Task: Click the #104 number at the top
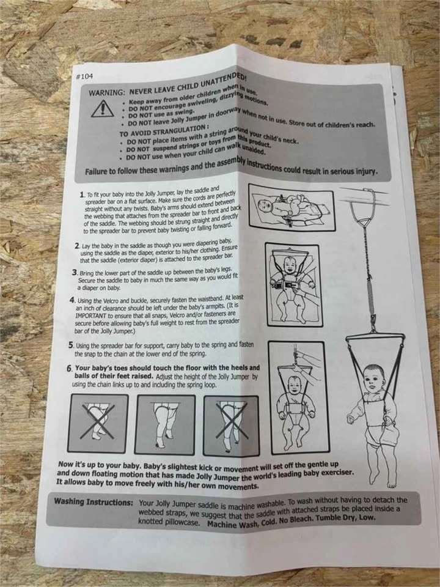coord(84,76)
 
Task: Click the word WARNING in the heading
coord(106,92)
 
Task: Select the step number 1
coord(82,194)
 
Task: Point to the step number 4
coord(73,300)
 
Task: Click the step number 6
coord(69,368)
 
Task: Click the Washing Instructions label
coord(94,501)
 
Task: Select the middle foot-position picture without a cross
coord(165,424)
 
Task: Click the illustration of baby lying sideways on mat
coord(292,207)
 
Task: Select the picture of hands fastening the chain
coord(299,397)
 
